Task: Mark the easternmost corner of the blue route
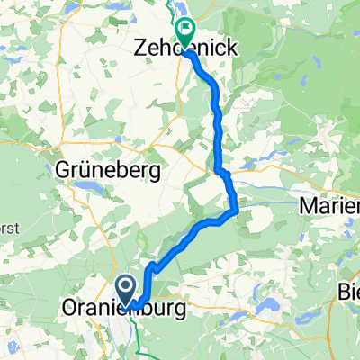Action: pyautogui.click(x=237, y=211)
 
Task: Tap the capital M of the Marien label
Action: pyautogui.click(x=306, y=206)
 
